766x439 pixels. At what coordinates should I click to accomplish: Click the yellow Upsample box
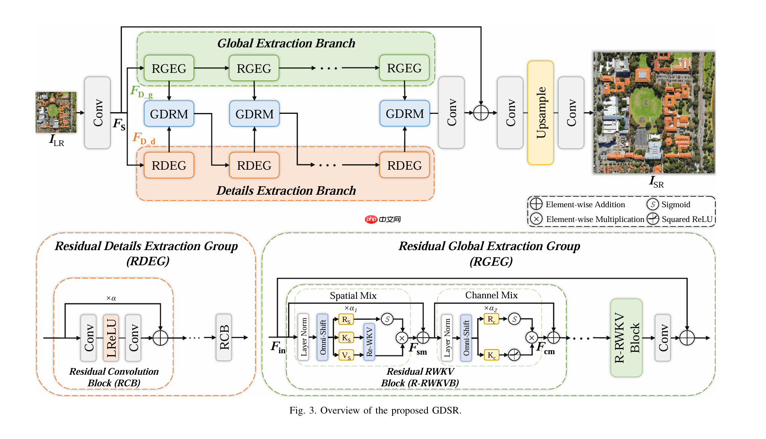(540, 113)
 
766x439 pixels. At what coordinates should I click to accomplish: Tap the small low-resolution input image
(56, 112)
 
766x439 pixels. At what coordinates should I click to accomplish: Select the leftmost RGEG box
(169, 68)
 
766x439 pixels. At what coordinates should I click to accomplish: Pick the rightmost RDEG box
(404, 165)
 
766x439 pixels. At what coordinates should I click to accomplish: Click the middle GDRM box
(254, 114)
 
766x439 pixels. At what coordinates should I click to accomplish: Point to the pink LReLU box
(111, 338)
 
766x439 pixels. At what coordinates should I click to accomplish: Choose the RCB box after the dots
(224, 337)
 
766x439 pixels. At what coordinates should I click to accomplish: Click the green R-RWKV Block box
(626, 338)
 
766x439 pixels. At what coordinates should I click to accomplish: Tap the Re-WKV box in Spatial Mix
(369, 342)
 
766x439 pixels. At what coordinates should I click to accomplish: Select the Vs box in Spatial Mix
(346, 355)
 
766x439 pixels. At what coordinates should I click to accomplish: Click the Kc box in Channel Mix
(491, 355)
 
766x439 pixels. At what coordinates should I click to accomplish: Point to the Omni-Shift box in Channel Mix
(466, 337)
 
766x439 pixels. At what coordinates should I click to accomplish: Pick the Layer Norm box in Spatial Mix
(304, 337)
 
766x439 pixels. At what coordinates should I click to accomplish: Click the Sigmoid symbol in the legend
(653, 205)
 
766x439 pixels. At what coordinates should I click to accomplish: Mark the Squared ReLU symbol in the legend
(653, 219)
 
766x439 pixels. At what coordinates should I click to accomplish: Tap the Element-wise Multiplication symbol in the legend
(536, 219)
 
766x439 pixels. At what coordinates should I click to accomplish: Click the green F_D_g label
(142, 92)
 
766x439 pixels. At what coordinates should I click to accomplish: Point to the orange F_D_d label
(144, 138)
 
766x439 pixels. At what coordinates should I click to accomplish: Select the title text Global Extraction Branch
(286, 43)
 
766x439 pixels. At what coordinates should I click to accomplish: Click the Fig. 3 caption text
(375, 410)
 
